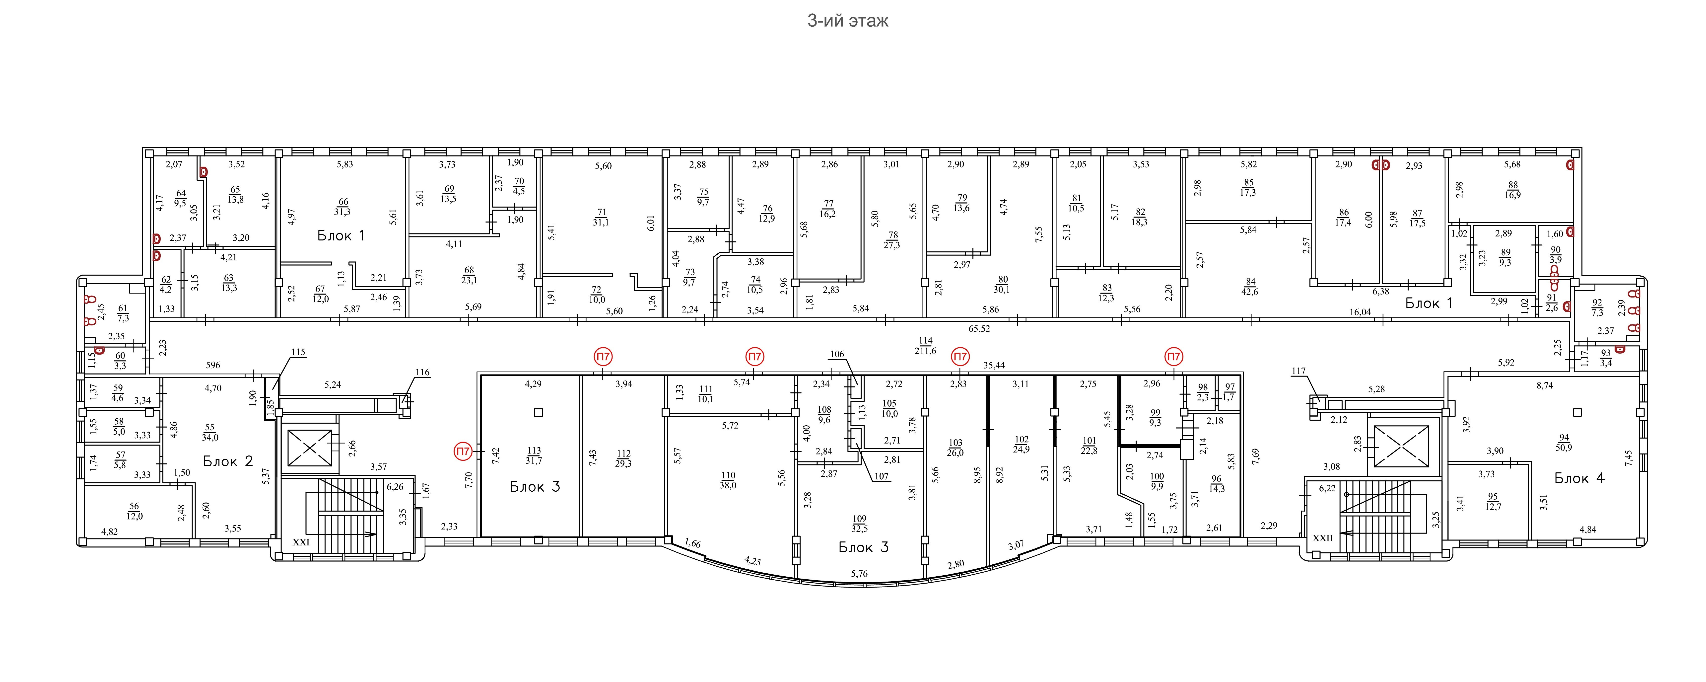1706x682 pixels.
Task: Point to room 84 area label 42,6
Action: point(1250,292)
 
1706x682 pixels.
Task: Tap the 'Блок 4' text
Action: point(1579,478)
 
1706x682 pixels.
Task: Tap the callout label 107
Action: point(882,476)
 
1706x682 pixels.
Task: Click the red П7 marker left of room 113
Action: point(462,452)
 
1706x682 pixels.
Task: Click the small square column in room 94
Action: point(1577,412)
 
